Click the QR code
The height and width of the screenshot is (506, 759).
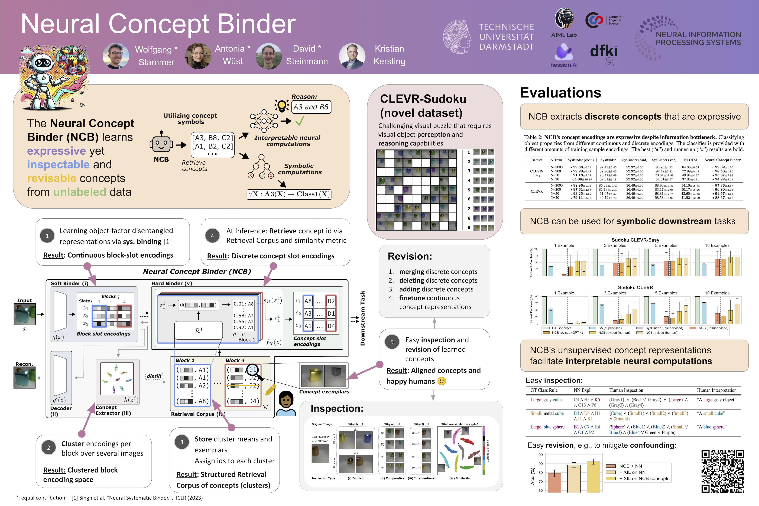[722, 471]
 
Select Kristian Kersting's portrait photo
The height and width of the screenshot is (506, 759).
[352, 56]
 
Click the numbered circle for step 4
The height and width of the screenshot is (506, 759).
[212, 236]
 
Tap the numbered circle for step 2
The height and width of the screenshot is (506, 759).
[48, 448]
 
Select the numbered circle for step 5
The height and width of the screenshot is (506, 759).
[392, 342]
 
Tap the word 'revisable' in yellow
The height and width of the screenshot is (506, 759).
[52, 178]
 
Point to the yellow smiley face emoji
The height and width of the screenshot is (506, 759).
[442, 381]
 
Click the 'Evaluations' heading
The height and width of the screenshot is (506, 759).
[560, 93]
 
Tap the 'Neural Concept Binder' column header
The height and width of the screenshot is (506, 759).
[722, 160]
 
